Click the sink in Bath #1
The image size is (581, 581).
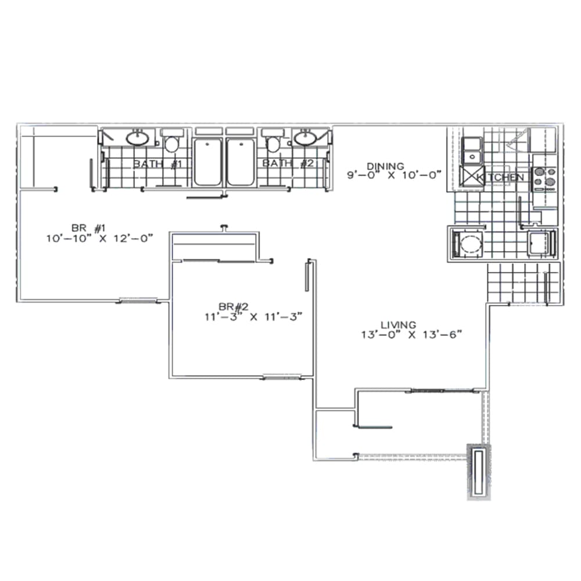coord(137,138)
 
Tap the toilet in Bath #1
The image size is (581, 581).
coord(171,143)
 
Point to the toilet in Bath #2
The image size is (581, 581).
coord(272,142)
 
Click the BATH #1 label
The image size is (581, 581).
coord(158,164)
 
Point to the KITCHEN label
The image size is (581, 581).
coord(501,177)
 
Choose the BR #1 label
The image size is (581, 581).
coord(86,227)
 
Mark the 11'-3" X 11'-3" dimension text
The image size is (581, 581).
coord(250,317)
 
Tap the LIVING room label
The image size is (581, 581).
coord(399,325)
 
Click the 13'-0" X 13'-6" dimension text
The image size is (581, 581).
coord(413,334)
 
